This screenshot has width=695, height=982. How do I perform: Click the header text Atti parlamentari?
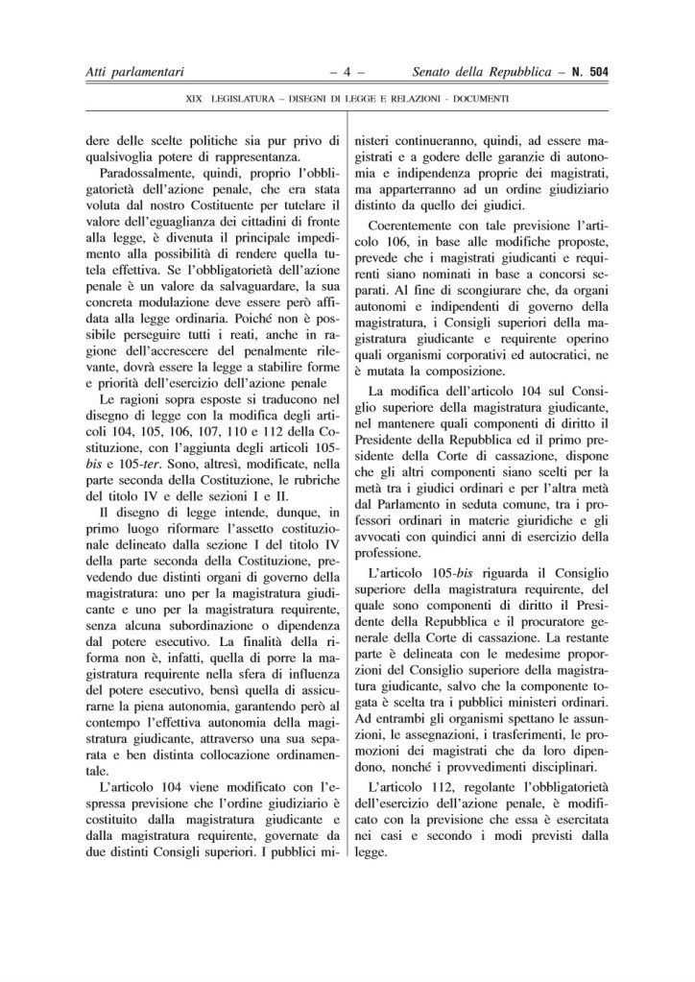133,70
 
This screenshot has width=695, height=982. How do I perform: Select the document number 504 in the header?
602,70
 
